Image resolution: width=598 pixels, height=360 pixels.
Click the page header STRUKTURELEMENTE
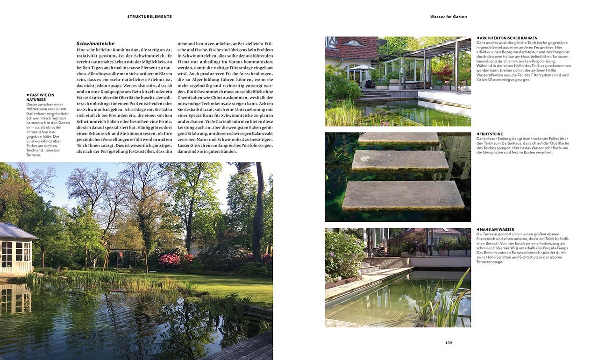149,16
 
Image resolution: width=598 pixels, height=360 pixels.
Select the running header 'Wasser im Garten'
448,16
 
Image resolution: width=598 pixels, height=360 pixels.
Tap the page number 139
448,343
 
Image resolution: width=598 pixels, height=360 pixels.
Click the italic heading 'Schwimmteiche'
95,43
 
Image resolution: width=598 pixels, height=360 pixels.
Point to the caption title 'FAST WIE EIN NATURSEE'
41,97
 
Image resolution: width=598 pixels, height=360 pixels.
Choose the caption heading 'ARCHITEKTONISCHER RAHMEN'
508,38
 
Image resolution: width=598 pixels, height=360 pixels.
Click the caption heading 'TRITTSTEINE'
491,134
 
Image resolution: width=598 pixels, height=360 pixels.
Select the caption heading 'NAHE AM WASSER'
496,230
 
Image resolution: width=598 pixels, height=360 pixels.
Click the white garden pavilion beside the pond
16,247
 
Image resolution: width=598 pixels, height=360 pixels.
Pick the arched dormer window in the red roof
354,43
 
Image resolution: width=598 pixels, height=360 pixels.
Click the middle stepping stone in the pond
400,160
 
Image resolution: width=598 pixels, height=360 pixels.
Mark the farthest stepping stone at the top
398,138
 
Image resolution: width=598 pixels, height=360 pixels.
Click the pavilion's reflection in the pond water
14,299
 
